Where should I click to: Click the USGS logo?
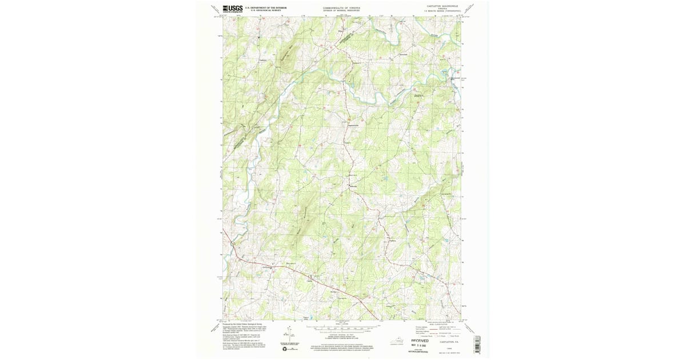[233, 9]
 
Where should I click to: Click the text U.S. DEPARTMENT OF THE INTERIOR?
[265, 7]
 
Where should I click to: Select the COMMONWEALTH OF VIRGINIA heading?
[341, 7]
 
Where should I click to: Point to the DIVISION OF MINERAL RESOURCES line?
[341, 10]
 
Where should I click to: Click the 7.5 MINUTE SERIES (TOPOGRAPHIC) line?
[442, 13]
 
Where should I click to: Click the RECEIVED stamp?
[420, 340]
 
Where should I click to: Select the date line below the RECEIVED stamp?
[420, 345]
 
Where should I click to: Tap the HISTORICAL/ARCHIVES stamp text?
[420, 352]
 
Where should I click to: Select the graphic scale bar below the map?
[341, 329]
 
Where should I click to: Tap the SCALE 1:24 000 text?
[341, 325]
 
